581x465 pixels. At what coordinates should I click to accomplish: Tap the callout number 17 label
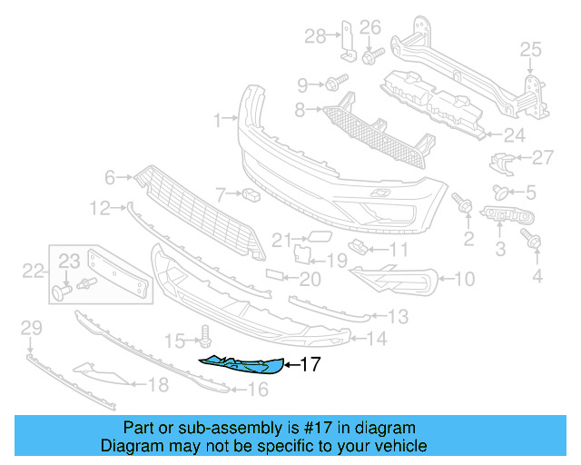(x=310, y=366)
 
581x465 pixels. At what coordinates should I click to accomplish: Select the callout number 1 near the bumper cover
(x=218, y=119)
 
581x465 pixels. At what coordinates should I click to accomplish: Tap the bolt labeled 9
(x=332, y=84)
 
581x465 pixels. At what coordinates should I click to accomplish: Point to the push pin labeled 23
(x=63, y=291)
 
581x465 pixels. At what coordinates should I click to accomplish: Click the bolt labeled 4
(x=534, y=241)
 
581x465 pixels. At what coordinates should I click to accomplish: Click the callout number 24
(x=514, y=135)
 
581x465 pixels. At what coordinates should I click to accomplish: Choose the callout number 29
(x=32, y=327)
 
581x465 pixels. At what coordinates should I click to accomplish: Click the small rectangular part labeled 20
(x=275, y=273)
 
